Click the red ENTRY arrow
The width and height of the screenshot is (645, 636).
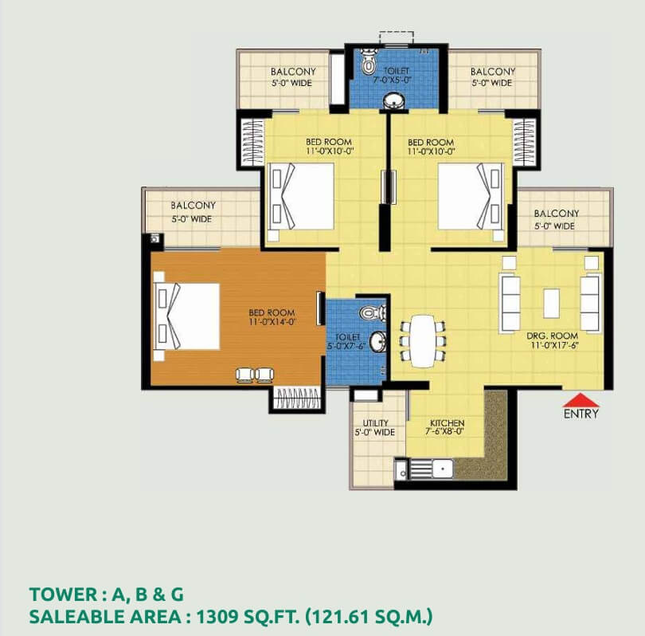580,400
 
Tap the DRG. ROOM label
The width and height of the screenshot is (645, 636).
553,336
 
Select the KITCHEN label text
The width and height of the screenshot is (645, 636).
448,423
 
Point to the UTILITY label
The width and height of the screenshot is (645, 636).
375,423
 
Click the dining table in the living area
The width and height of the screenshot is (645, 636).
423,341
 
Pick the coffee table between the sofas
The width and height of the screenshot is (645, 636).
551,304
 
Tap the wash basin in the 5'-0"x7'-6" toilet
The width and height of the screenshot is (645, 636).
377,342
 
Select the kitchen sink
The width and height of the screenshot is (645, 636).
442,469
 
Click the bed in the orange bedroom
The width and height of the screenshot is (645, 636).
186,316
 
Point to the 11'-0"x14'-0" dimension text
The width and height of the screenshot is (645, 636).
272,322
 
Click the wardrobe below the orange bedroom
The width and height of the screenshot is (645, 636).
297,398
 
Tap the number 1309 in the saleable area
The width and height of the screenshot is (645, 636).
215,617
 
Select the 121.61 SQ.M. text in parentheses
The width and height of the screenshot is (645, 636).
369,617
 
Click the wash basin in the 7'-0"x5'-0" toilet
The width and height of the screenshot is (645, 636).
393,101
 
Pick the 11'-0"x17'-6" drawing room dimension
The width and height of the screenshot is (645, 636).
554,345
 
